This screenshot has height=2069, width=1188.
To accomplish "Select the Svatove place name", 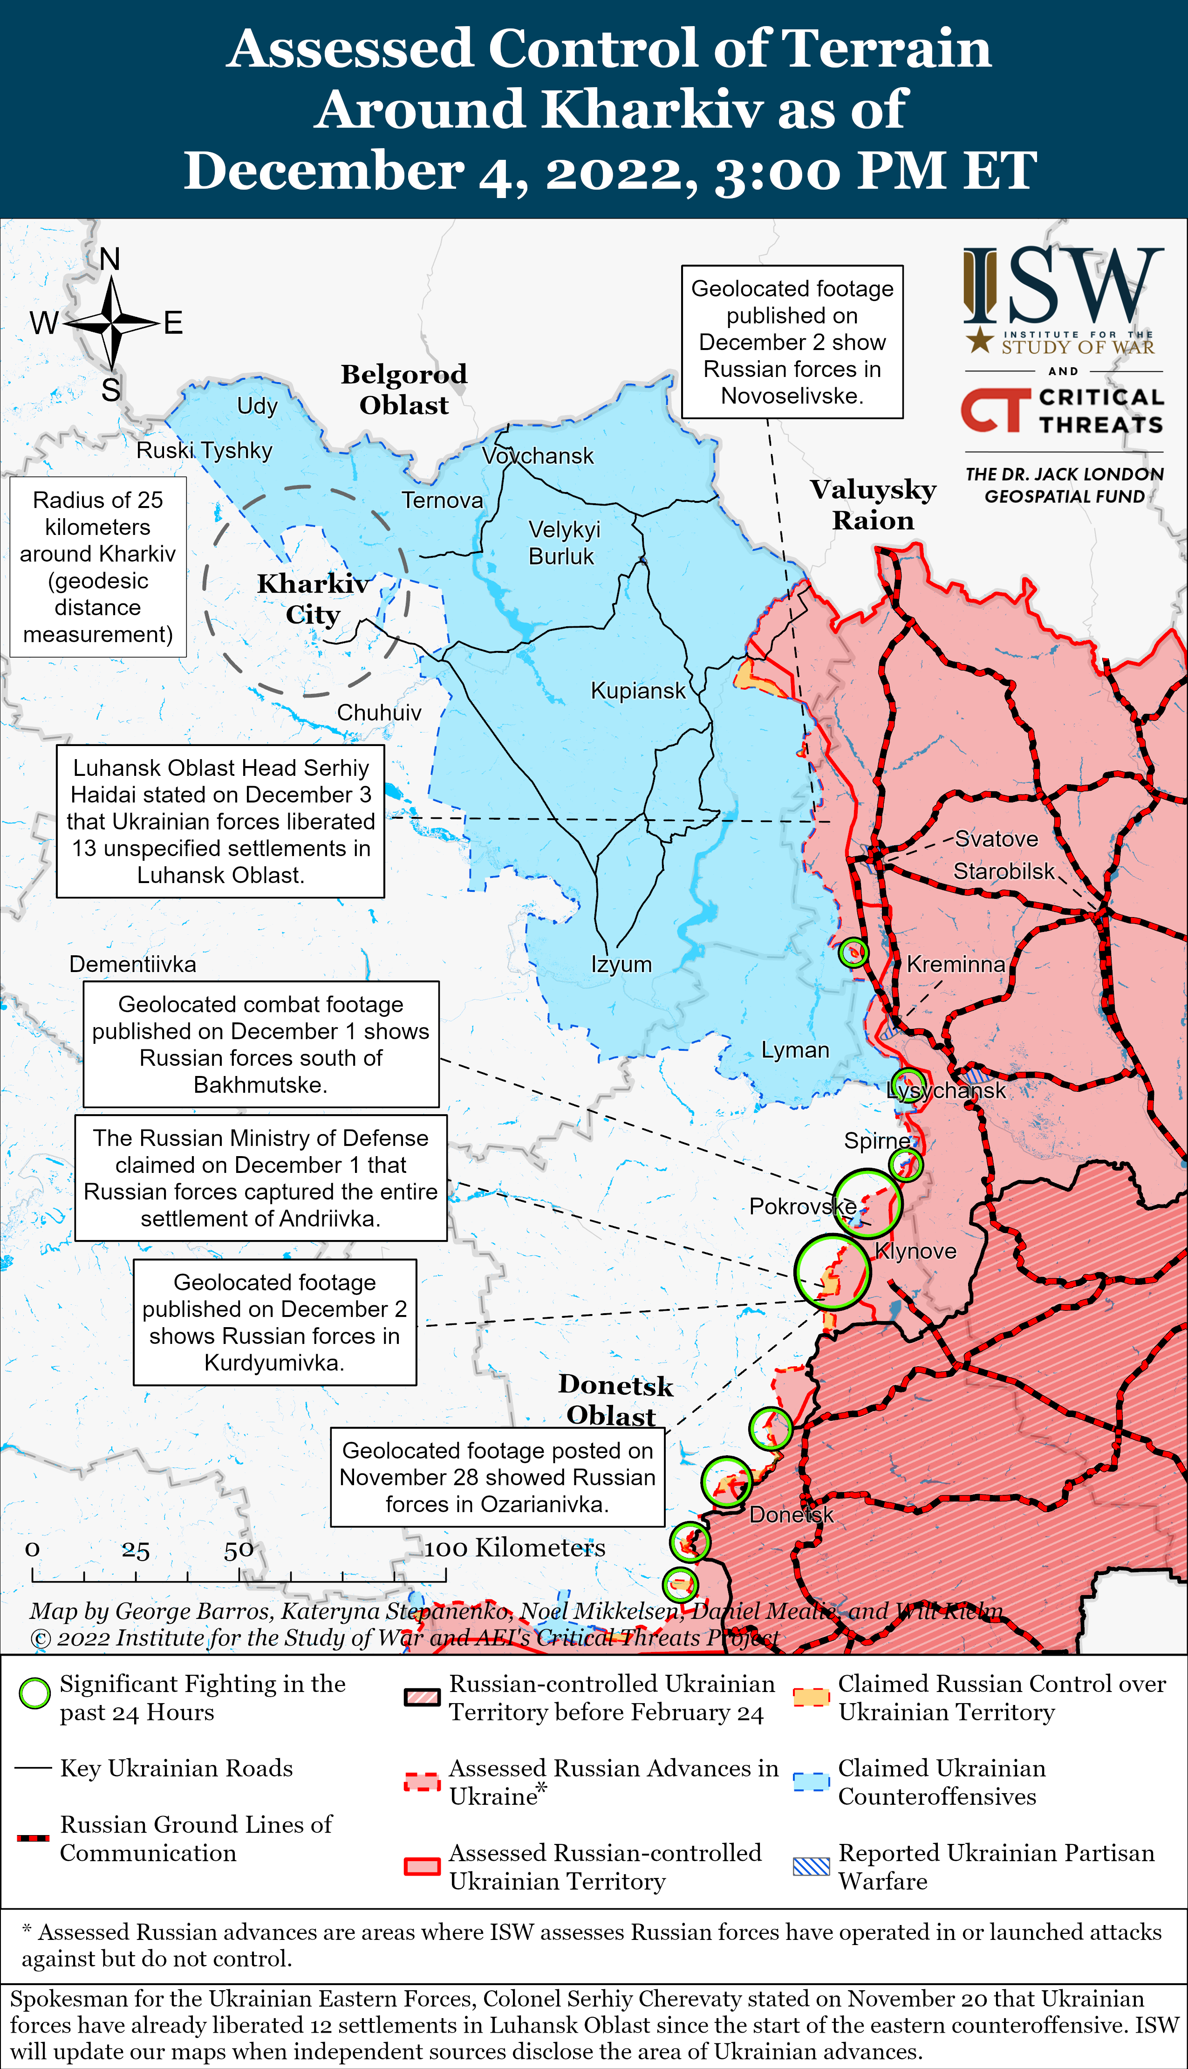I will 996,839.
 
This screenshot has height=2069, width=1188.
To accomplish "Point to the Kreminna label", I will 956,964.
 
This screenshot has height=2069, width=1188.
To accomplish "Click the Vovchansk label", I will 538,456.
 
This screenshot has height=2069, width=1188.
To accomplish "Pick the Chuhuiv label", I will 379,712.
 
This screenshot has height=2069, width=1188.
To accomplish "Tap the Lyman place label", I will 795,1050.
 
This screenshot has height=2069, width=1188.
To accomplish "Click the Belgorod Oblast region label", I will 404,389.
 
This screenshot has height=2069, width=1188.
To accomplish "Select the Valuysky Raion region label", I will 873,504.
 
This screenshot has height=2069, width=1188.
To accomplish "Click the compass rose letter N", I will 110,260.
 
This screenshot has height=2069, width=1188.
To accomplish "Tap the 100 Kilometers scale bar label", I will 515,1548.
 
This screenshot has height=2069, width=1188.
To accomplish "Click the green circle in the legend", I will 34,1693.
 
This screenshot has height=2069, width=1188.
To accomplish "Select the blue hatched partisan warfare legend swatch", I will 811,1866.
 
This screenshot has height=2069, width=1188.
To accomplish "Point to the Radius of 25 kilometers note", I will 98,567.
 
